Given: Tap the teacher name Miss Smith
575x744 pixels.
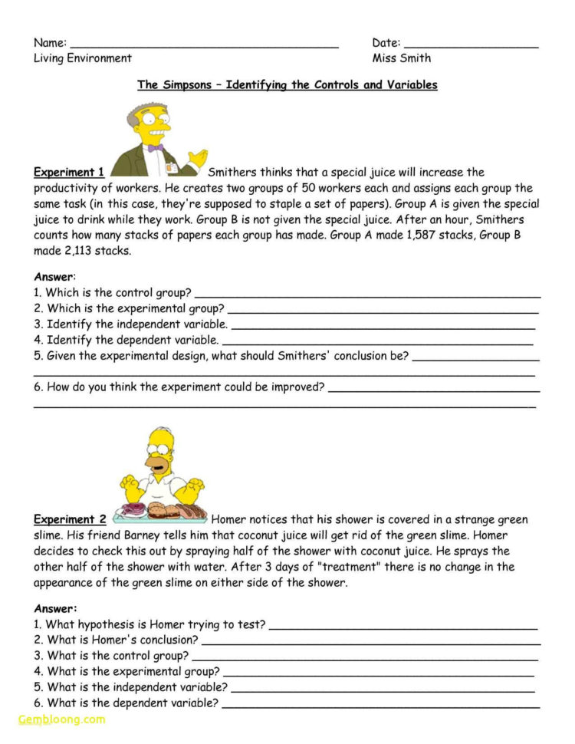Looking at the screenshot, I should click(402, 58).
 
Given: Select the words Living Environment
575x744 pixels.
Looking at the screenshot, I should click(83, 58).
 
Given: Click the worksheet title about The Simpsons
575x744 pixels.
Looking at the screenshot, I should click(287, 85).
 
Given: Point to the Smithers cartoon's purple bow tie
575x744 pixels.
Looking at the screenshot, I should click(155, 147).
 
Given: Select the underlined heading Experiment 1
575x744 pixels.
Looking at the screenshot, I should click(69, 173).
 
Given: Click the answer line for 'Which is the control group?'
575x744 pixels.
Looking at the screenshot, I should click(368, 295).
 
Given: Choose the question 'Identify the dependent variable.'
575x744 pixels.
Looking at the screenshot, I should click(127, 340).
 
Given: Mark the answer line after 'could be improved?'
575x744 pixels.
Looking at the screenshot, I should click(433, 390).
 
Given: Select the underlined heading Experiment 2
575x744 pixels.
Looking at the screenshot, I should click(70, 519).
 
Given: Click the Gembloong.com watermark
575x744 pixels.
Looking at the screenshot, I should click(61, 719).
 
